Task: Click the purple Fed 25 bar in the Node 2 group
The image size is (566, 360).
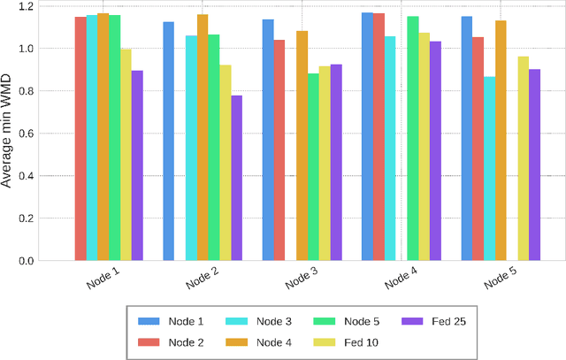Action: tap(236, 178)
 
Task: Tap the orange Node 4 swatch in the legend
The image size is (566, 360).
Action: tap(236, 341)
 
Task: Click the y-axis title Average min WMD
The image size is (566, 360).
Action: tap(8, 133)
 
